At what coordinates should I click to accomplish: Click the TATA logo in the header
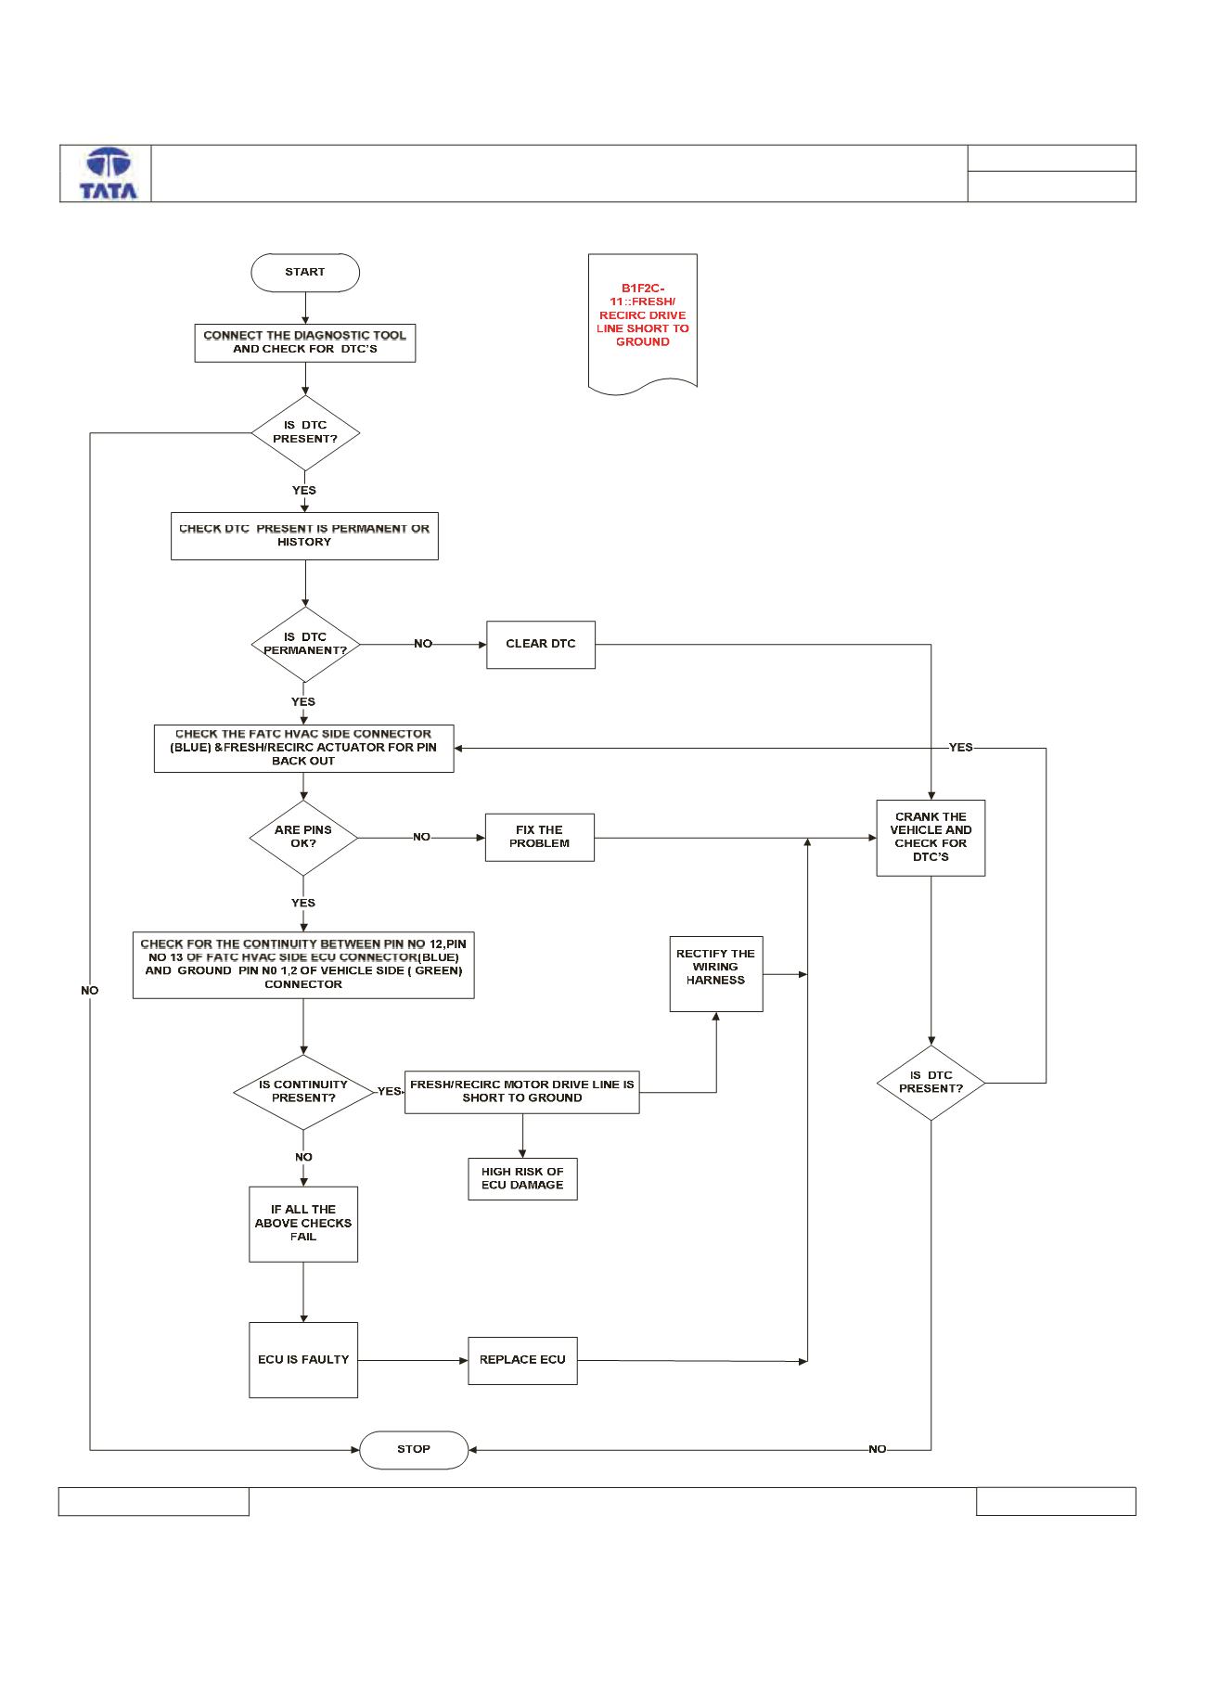(x=109, y=173)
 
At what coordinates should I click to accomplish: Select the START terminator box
(x=305, y=273)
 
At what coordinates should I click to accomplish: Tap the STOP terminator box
(x=414, y=1450)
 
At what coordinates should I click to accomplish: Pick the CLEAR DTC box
(x=541, y=645)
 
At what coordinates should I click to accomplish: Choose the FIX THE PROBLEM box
(x=540, y=838)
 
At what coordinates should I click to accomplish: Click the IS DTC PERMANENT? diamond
(x=305, y=645)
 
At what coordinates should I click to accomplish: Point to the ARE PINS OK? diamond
(x=303, y=838)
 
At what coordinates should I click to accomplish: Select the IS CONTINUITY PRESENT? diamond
(x=303, y=1092)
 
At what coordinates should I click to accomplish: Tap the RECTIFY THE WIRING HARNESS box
(x=716, y=974)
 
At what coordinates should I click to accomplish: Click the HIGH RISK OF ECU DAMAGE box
(x=522, y=1179)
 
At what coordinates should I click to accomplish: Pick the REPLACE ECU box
(x=522, y=1361)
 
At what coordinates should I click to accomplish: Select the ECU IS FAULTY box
(x=303, y=1360)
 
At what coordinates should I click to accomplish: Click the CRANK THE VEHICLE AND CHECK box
(x=931, y=838)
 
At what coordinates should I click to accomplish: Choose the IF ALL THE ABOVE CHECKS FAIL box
(x=303, y=1224)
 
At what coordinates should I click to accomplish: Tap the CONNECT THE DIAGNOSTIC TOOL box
(x=305, y=343)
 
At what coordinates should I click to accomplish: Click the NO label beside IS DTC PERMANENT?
(x=423, y=644)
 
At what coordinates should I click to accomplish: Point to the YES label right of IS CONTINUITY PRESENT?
(x=389, y=1092)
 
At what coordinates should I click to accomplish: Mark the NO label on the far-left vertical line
(x=89, y=991)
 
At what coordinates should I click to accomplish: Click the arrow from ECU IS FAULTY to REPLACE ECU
(x=413, y=1361)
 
